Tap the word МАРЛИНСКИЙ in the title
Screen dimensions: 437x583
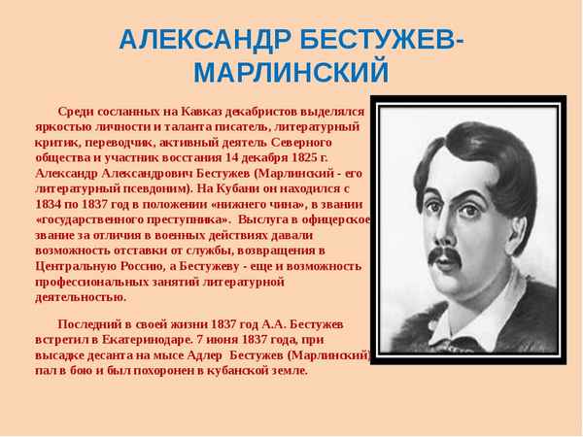pyautogui.click(x=291, y=73)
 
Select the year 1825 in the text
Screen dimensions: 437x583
pyautogui.click(x=306, y=158)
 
